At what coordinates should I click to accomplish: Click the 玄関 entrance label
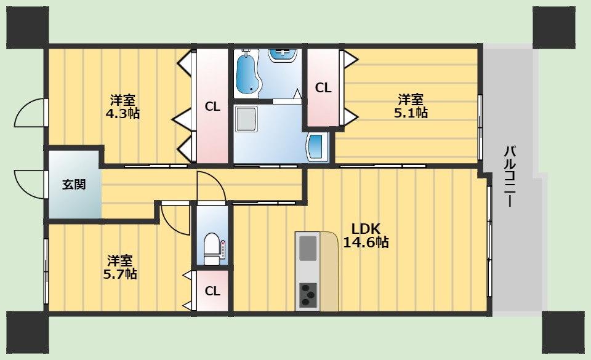click(74, 185)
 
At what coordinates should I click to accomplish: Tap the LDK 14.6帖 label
click(366, 235)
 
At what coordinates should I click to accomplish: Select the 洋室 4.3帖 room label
click(123, 106)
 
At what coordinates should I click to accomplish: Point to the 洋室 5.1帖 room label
click(411, 106)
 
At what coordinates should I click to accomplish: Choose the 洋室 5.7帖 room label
click(120, 267)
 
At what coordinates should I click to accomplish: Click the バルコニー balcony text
click(510, 176)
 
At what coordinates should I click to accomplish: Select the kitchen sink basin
click(308, 248)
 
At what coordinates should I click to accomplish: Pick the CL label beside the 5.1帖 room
click(323, 88)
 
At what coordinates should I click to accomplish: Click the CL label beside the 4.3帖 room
click(212, 106)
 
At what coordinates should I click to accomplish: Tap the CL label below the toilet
click(212, 290)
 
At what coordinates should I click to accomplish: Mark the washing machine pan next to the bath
click(246, 118)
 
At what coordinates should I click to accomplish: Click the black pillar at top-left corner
click(28, 27)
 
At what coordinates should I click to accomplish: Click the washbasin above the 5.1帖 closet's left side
click(283, 55)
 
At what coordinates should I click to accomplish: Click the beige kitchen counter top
click(329, 271)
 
